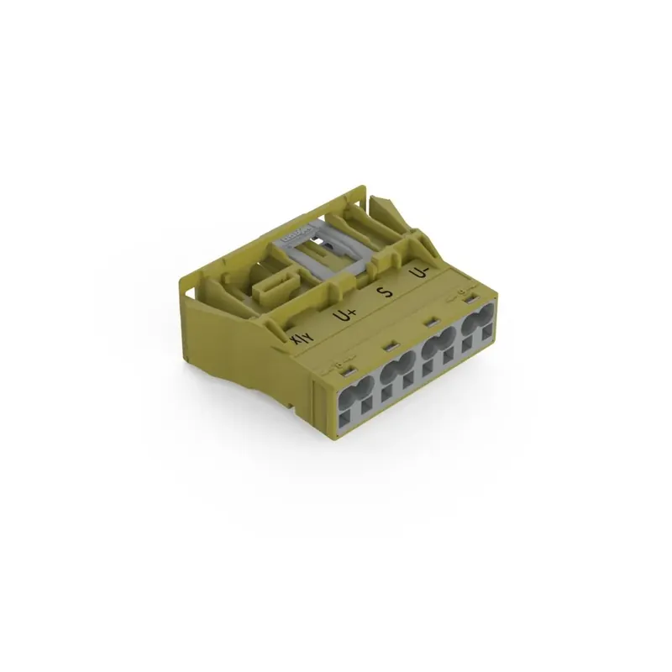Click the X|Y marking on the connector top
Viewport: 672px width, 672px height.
[x=301, y=338]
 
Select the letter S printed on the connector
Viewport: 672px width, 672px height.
[x=386, y=292]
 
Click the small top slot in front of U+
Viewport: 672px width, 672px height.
[x=388, y=345]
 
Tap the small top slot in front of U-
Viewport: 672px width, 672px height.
[x=468, y=299]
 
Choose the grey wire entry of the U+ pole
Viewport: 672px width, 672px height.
[x=397, y=368]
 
